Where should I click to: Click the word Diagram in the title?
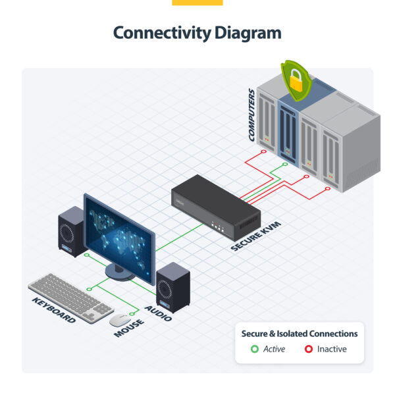click(248, 33)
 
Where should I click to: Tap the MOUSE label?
click(129, 325)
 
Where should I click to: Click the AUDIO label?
click(159, 313)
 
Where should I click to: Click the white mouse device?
click(119, 320)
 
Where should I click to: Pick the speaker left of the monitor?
click(70, 230)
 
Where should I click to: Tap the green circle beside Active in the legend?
click(255, 349)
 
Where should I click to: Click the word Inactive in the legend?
click(332, 349)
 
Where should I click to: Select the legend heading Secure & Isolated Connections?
click(300, 334)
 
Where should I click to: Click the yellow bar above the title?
click(197, 3)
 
